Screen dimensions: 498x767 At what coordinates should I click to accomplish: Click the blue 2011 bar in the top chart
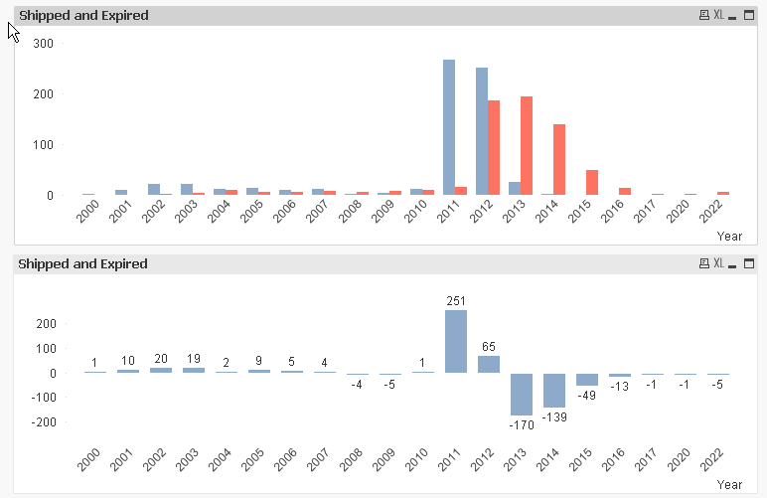pyautogui.click(x=449, y=127)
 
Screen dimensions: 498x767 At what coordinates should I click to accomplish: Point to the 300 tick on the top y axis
pyautogui.click(x=43, y=43)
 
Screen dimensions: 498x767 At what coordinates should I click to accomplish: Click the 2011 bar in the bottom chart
pyautogui.click(x=456, y=341)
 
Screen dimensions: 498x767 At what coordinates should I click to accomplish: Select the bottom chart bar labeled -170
pyautogui.click(x=522, y=394)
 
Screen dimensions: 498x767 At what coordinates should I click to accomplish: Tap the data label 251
pyautogui.click(x=456, y=300)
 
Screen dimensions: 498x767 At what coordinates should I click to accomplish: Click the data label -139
pyautogui.click(x=554, y=416)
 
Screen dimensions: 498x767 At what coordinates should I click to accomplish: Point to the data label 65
pyautogui.click(x=489, y=347)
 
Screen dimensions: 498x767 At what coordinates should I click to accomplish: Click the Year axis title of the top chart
pyautogui.click(x=729, y=237)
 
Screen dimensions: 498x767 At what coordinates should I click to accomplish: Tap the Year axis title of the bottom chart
pyautogui.click(x=729, y=484)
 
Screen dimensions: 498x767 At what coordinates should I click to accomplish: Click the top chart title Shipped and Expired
pyautogui.click(x=84, y=16)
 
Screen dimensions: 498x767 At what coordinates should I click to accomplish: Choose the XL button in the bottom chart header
pyautogui.click(x=719, y=263)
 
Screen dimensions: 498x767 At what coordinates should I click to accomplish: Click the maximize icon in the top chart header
pyautogui.click(x=747, y=16)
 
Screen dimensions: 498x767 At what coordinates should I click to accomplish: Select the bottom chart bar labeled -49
pyautogui.click(x=587, y=379)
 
